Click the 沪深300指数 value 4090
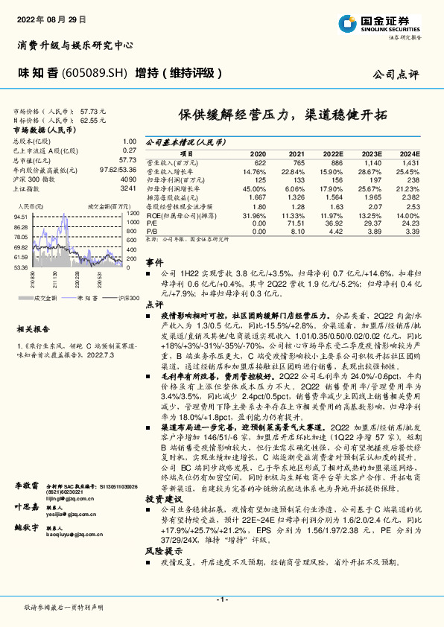click(x=128, y=179)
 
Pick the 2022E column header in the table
click(x=332, y=152)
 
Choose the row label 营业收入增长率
click(x=168, y=171)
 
